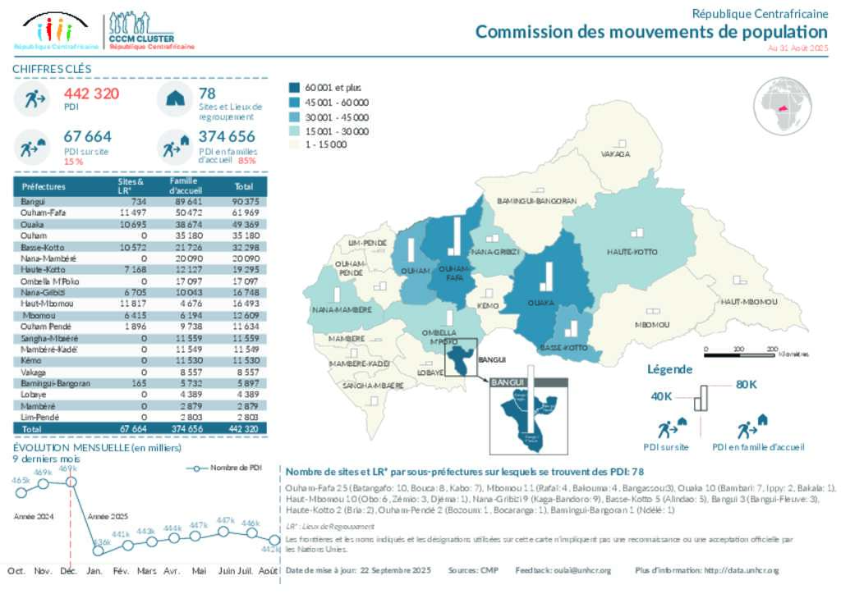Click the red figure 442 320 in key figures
tap(91, 94)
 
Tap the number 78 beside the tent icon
tap(207, 94)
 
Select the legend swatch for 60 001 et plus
tap(295, 87)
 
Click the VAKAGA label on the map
tap(615, 153)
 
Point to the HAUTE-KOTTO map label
tap(632, 251)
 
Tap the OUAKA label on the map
tap(539, 303)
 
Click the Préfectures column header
tap(44, 186)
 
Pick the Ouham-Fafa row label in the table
tap(40, 212)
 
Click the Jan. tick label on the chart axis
tap(94, 569)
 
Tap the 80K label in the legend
tap(746, 384)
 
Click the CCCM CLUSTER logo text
tap(140, 38)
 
